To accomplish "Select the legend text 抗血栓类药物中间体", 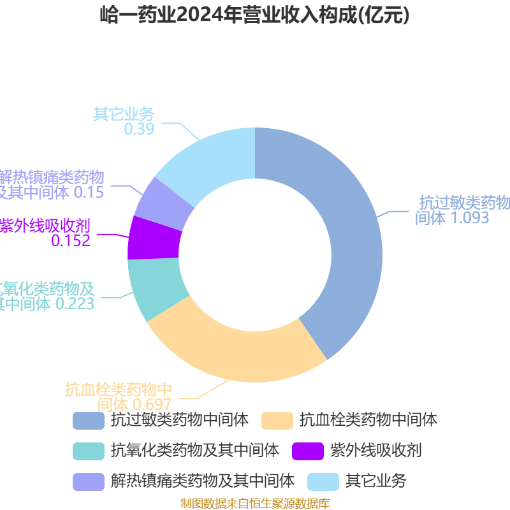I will (x=368, y=420).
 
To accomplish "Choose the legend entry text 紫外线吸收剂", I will (x=375, y=451).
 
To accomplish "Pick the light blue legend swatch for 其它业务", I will (x=323, y=481).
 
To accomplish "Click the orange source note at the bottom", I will (x=255, y=504).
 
